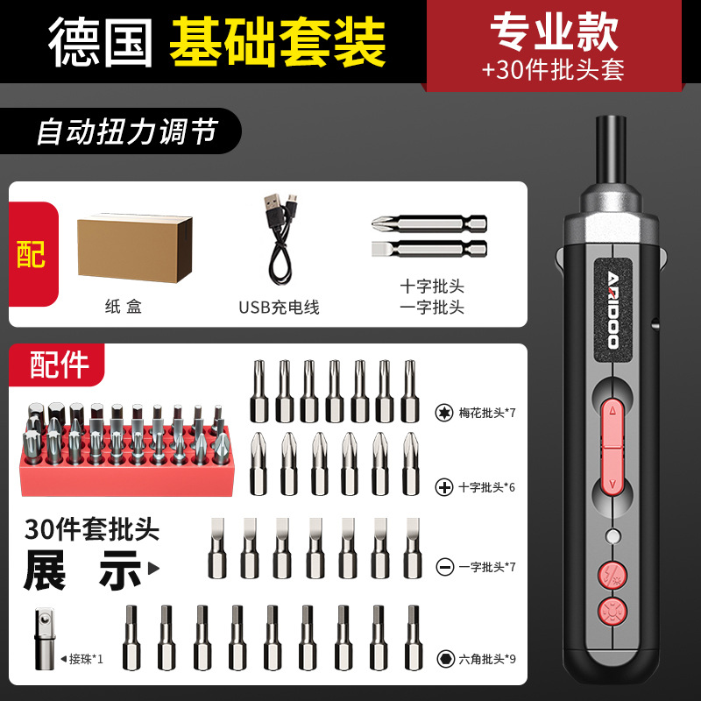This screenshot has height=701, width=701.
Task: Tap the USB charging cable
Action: pos(280,239)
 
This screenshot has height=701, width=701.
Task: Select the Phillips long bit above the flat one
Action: pos(429,223)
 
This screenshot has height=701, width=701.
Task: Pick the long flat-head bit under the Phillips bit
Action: pos(429,248)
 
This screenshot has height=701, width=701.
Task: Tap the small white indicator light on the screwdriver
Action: pos(612,535)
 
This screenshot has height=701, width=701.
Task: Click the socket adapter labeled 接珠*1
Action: pos(45,638)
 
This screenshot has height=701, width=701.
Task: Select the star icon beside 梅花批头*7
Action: pos(444,413)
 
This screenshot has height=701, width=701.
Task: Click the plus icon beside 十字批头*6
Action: pos(444,487)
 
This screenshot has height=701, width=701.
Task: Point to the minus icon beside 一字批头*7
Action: pos(445,567)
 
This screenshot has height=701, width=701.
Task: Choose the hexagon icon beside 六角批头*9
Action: pos(445,659)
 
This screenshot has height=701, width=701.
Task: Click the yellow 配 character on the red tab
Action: pos(31,254)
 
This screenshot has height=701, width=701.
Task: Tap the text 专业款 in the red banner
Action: pos(555,32)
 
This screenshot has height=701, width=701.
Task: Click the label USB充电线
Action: pos(279,308)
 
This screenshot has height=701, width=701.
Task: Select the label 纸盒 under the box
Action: pos(124,307)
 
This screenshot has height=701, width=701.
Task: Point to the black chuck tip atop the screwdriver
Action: pos(611,149)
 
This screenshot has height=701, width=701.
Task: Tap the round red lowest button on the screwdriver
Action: pos(612,611)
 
